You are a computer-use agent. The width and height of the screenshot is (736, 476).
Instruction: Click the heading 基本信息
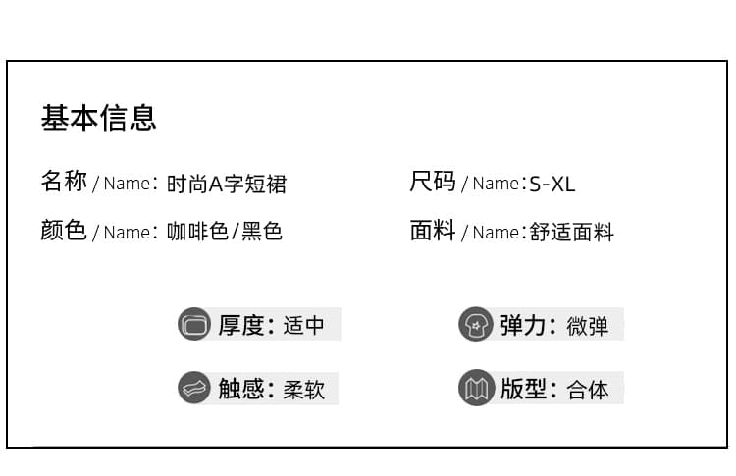pyautogui.click(x=98, y=118)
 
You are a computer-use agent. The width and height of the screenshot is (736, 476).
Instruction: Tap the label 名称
pyautogui.click(x=64, y=182)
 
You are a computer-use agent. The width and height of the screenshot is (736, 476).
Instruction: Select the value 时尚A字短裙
pyautogui.click(x=227, y=184)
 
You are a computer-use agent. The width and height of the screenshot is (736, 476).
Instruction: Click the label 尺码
pyautogui.click(x=433, y=182)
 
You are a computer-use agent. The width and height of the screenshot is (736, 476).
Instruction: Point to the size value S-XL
pyautogui.click(x=552, y=184)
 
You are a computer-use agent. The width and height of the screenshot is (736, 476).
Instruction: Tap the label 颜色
pyautogui.click(x=64, y=230)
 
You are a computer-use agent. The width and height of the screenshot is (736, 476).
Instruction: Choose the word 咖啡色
pyautogui.click(x=197, y=231)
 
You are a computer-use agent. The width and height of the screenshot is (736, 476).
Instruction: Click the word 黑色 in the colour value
pyautogui.click(x=262, y=231)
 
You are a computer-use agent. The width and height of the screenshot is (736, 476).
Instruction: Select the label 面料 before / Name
pyautogui.click(x=433, y=230)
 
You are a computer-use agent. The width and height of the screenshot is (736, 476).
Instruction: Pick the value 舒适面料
pyautogui.click(x=572, y=232)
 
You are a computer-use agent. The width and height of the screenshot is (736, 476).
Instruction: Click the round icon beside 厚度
pyautogui.click(x=194, y=324)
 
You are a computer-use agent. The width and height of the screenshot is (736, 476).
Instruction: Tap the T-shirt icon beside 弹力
pyautogui.click(x=476, y=324)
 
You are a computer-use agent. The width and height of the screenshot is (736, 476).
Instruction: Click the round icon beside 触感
pyautogui.click(x=194, y=388)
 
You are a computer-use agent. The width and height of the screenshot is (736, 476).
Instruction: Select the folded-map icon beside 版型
pyautogui.click(x=476, y=388)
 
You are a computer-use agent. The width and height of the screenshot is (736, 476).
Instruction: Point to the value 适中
pyautogui.click(x=303, y=325)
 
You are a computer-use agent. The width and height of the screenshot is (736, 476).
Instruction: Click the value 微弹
pyautogui.click(x=587, y=326)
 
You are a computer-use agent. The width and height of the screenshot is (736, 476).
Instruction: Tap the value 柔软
pyautogui.click(x=303, y=390)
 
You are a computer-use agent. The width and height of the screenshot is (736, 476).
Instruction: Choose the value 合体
pyautogui.click(x=587, y=390)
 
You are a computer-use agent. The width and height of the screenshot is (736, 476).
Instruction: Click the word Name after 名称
pyautogui.click(x=127, y=184)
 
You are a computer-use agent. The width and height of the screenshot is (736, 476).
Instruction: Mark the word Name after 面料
pyautogui.click(x=496, y=233)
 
